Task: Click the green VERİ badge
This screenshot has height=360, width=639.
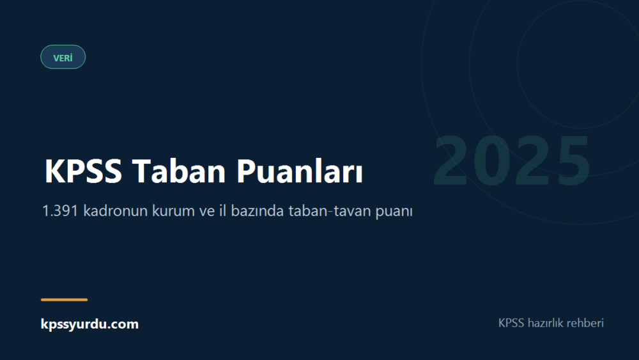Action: coord(63,57)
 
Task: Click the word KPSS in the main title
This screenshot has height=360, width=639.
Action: coord(83,171)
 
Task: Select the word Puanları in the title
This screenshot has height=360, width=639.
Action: coord(300,171)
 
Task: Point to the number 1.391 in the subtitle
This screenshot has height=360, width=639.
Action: coord(60,211)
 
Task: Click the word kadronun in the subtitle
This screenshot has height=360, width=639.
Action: coord(115,211)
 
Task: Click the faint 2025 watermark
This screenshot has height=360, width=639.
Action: coord(511,160)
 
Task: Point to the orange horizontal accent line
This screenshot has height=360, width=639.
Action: coord(64,300)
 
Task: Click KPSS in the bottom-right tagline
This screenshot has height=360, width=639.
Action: coord(511,323)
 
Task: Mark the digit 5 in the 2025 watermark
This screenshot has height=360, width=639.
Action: coord(572,160)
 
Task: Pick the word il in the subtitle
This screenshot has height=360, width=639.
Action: coord(222,211)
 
